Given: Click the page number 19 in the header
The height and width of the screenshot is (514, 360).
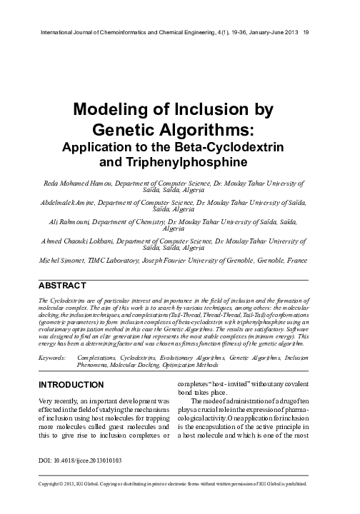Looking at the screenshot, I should pos(306,32).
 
